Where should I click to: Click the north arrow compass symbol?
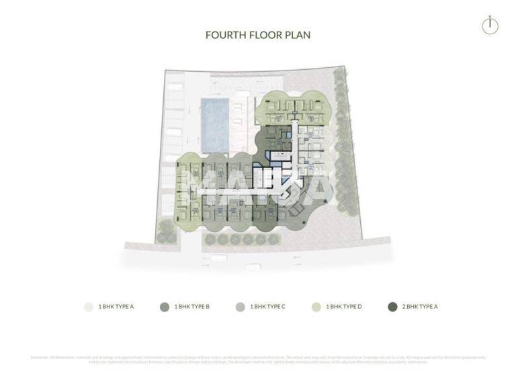click(491, 26)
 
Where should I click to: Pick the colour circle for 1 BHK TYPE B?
click(164, 307)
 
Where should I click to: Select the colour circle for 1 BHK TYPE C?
click(240, 307)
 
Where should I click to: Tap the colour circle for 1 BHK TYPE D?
click(316, 307)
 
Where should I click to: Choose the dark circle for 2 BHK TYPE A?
click(392, 307)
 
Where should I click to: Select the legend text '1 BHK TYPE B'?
click(193, 307)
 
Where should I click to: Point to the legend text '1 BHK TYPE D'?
click(345, 307)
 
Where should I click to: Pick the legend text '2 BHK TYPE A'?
click(421, 307)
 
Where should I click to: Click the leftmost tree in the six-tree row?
click(210, 238)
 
